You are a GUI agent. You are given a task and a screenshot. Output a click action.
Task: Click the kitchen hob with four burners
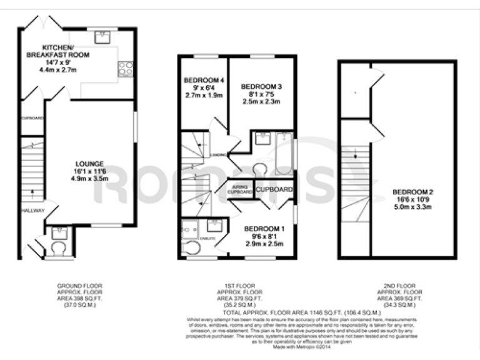tap(125, 68)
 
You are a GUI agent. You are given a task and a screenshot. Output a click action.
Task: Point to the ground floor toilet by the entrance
tap(59, 249)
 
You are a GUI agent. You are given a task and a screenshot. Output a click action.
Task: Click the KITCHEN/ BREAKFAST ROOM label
tap(58, 52)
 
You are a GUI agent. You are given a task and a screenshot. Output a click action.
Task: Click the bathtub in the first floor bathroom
tap(284, 154)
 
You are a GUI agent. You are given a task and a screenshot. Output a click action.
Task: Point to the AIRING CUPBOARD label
tap(239, 188)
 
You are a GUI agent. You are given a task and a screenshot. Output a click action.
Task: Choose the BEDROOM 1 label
tap(264, 229)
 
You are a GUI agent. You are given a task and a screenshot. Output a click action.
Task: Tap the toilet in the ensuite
tap(192, 249)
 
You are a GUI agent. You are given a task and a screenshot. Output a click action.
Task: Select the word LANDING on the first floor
tap(218, 154)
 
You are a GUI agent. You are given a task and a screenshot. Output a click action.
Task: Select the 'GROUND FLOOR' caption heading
tap(79, 286)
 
